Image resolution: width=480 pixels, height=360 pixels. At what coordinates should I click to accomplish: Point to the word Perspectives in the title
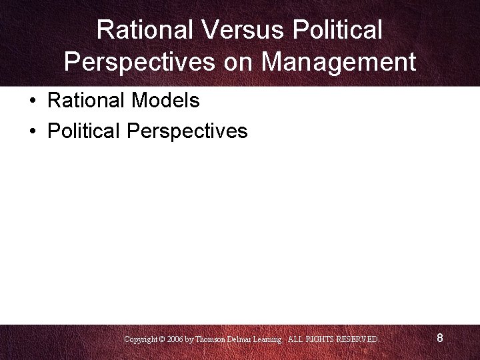coord(139,62)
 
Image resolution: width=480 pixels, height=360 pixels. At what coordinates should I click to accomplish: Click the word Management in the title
coord(339,62)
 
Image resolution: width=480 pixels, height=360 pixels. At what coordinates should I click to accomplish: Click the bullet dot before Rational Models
coord(32,101)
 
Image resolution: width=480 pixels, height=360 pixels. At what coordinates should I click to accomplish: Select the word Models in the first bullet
coord(166,101)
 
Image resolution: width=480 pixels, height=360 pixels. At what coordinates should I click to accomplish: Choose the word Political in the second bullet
coord(84,131)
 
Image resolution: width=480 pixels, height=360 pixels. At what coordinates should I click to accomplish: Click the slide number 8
coord(440,338)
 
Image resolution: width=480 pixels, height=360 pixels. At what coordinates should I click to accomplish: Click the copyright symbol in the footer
coord(163,339)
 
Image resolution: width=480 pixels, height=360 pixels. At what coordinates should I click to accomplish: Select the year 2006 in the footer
coord(175,339)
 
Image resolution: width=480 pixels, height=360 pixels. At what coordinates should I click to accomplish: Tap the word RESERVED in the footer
coord(358,339)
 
